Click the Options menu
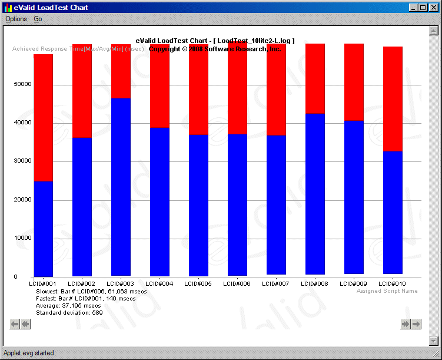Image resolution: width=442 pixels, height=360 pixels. [16, 19]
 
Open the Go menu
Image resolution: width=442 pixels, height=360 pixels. [38, 19]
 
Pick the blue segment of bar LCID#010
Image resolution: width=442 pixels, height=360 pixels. [393, 212]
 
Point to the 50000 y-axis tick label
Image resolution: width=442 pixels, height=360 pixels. [24, 84]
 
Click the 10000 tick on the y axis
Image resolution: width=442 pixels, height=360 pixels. [24, 238]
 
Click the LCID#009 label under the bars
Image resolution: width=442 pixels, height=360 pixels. [354, 284]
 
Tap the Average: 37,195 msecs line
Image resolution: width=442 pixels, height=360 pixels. [68, 306]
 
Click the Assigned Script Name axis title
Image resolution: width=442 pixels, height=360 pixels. [387, 291]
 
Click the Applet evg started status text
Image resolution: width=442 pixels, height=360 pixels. [29, 353]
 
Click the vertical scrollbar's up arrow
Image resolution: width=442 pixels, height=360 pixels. [434, 30]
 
